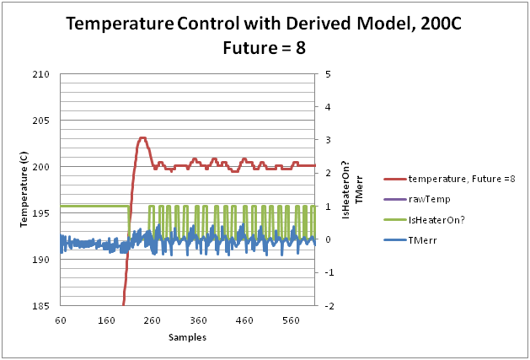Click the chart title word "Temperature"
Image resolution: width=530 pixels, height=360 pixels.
pyautogui.click(x=119, y=25)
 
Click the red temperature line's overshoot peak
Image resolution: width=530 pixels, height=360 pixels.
pyautogui.click(x=142, y=137)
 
